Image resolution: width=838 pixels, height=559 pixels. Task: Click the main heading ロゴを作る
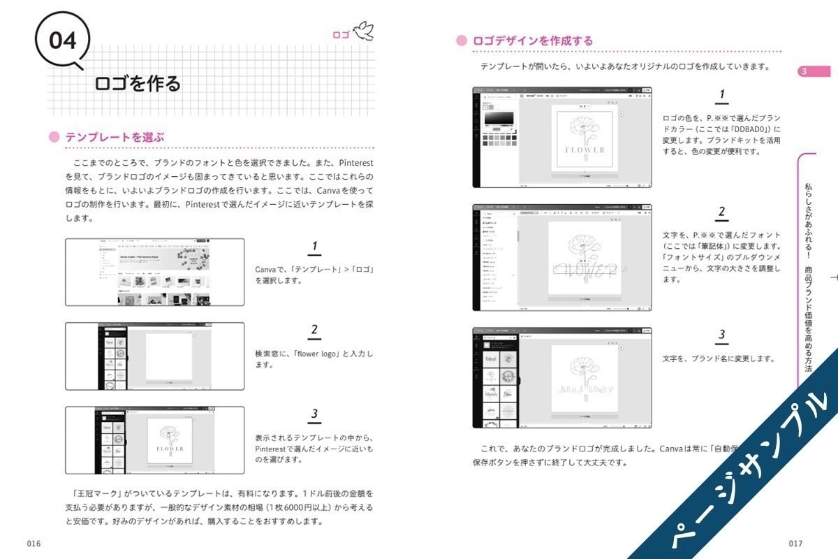(x=138, y=83)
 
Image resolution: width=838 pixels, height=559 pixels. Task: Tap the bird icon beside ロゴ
(x=364, y=31)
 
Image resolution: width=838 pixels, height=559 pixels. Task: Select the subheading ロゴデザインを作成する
(x=533, y=41)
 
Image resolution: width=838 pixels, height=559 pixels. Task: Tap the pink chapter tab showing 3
(x=814, y=71)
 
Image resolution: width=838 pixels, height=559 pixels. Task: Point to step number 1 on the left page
(x=315, y=247)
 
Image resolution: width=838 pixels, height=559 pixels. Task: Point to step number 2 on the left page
(x=315, y=331)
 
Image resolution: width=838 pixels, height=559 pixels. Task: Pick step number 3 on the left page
(x=315, y=414)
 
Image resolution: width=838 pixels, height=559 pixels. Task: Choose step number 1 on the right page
(x=722, y=95)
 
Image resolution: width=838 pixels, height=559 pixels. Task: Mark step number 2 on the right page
(x=722, y=212)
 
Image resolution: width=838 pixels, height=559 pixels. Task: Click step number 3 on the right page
(x=722, y=335)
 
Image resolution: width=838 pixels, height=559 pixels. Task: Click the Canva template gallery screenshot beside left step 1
(x=154, y=272)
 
